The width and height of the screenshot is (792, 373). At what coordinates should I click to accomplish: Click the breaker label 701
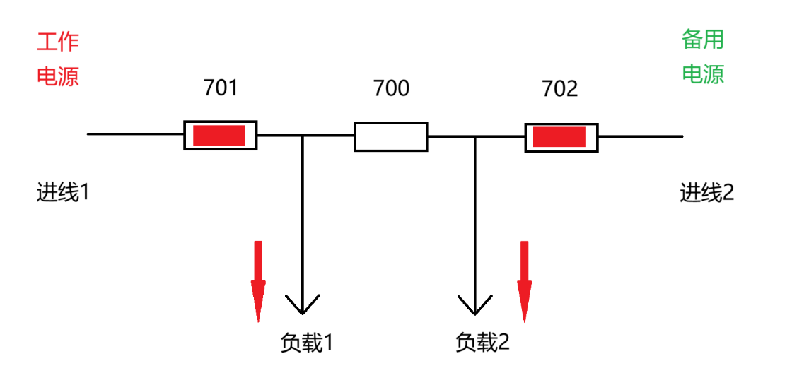click(x=220, y=88)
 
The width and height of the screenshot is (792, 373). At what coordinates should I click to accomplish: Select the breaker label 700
click(x=392, y=88)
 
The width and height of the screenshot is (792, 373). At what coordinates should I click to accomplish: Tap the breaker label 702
click(x=559, y=89)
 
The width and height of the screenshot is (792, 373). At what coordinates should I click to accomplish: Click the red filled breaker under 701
click(x=220, y=135)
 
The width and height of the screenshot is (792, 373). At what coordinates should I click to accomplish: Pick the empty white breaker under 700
click(x=391, y=136)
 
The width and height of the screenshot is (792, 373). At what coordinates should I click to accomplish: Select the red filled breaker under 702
click(x=561, y=137)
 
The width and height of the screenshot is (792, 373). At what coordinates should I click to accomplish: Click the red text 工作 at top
click(x=58, y=42)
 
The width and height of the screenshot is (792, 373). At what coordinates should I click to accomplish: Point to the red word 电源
click(x=58, y=76)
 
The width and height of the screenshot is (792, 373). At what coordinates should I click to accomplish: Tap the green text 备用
click(x=703, y=40)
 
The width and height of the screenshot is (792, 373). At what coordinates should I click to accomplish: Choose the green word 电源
click(x=703, y=73)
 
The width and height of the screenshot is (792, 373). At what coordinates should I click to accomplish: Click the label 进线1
click(x=63, y=193)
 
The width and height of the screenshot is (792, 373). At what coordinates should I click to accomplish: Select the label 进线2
click(x=706, y=193)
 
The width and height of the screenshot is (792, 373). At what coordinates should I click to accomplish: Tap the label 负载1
click(x=307, y=343)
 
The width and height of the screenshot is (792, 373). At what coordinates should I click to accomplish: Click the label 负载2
click(x=482, y=343)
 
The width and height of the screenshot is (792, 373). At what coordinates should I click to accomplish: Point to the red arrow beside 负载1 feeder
click(x=258, y=282)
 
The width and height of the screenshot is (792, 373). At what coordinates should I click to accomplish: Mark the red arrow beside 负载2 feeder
click(x=524, y=282)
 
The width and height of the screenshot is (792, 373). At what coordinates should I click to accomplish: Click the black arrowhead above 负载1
click(x=302, y=304)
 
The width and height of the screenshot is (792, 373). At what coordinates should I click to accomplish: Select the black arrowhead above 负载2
click(x=474, y=304)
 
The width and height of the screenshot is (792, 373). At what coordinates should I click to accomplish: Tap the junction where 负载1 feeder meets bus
click(x=302, y=136)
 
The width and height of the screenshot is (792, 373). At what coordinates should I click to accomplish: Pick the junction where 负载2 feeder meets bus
click(x=474, y=136)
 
